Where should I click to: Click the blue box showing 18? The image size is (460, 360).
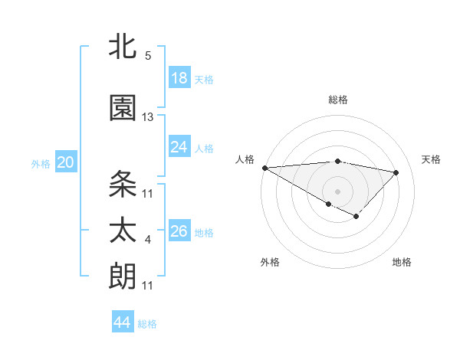[x=179, y=78]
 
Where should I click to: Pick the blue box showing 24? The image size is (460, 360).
[x=179, y=147]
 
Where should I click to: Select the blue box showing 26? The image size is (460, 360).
[x=179, y=231]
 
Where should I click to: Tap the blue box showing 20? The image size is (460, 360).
[x=65, y=162]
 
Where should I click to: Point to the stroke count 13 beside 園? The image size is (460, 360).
[x=148, y=117]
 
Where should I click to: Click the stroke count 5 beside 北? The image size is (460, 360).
[x=148, y=56]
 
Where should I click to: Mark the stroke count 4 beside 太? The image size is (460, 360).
[x=148, y=240]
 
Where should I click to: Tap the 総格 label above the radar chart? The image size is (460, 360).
[x=337, y=100]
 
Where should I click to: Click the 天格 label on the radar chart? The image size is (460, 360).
[x=431, y=159]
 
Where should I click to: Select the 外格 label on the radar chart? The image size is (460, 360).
[x=270, y=262]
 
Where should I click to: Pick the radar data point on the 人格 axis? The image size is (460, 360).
[x=264, y=168]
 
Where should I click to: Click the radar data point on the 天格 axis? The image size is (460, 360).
[x=396, y=172]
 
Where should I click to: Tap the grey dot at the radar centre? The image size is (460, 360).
[x=337, y=190]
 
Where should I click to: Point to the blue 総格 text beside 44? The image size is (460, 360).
[x=147, y=324]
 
